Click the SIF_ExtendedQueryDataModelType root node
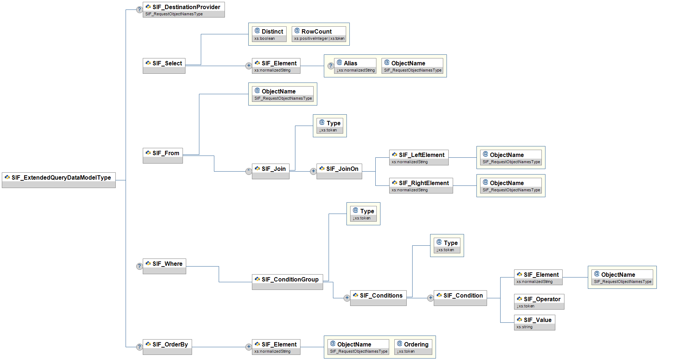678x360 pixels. coord(59,180)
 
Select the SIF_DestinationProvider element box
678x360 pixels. coord(184,10)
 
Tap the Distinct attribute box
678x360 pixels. coord(269,34)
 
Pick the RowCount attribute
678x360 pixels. coord(319,34)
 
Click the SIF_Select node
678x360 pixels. coord(164,66)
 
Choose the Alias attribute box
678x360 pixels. coord(355,66)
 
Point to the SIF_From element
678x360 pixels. coord(163,156)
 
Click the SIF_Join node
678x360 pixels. coord(271,171)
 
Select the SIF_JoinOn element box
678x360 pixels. coord(339,171)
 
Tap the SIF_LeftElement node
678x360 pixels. coord(419,158)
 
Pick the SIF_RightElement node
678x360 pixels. coord(421,186)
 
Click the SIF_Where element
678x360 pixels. coord(164,266)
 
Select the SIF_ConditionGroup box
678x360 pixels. coord(287,282)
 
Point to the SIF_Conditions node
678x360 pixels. coord(378,298)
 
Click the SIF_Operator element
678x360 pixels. coord(539,302)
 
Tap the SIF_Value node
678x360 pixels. coord(535,323)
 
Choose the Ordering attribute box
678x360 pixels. coord(413,347)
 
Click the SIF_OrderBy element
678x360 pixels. coord(167,347)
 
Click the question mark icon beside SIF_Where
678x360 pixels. coord(139,266)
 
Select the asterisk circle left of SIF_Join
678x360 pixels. coord(249,171)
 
